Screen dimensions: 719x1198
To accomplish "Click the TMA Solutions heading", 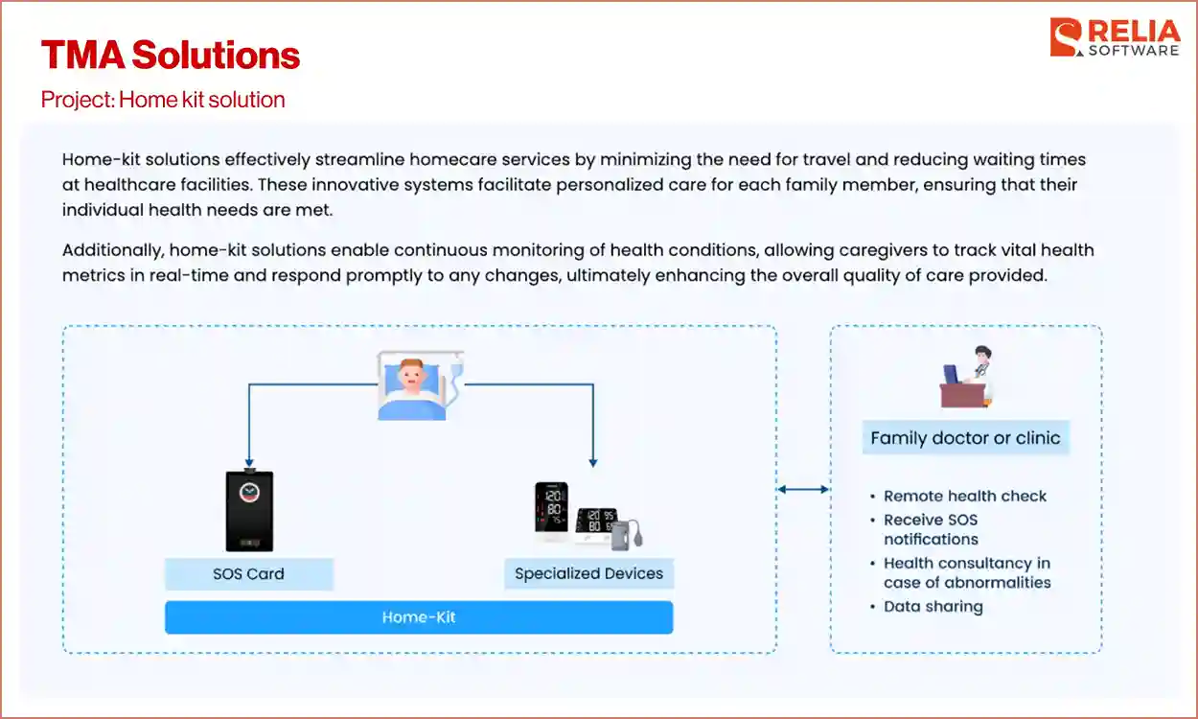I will [x=171, y=55].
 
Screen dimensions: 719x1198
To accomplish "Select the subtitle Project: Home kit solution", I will [x=163, y=100].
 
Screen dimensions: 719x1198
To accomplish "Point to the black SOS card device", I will [x=248, y=510].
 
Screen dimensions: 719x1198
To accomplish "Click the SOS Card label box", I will [x=248, y=574].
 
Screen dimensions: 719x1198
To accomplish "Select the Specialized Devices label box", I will [x=588, y=573].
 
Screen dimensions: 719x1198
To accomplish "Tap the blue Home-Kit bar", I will [x=419, y=617].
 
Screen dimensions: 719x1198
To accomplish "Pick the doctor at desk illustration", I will [x=966, y=378].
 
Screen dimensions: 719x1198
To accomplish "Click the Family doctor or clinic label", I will [x=965, y=438].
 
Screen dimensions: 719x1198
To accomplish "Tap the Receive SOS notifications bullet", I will [x=931, y=529].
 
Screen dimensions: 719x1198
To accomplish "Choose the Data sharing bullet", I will [x=933, y=606].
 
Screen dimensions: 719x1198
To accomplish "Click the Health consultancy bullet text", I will [x=966, y=572].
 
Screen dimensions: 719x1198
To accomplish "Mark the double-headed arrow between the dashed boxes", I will [x=803, y=490].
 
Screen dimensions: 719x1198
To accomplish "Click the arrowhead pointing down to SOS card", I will [x=249, y=462].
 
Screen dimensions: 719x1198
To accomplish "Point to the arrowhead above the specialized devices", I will [x=593, y=461].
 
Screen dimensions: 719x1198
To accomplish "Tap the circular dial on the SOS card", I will [x=249, y=492].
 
